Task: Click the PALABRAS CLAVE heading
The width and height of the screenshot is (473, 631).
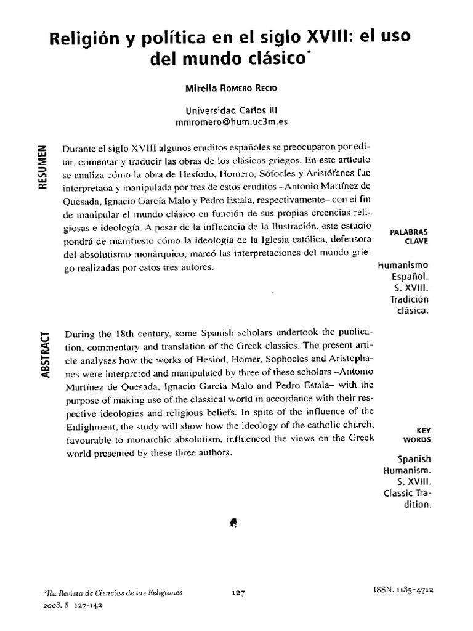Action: tap(410, 237)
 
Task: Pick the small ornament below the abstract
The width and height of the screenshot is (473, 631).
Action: tap(233, 523)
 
